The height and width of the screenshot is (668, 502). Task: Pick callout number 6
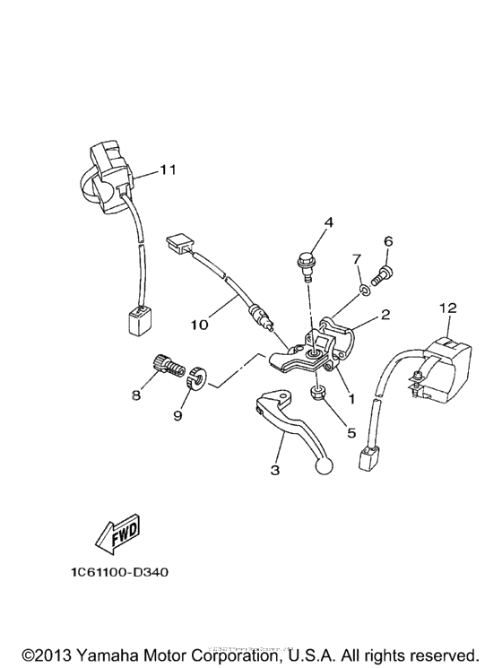388,241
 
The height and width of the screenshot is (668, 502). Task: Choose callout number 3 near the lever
276,468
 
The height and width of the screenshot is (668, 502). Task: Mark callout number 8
137,394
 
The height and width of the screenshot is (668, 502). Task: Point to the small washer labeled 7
364,288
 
